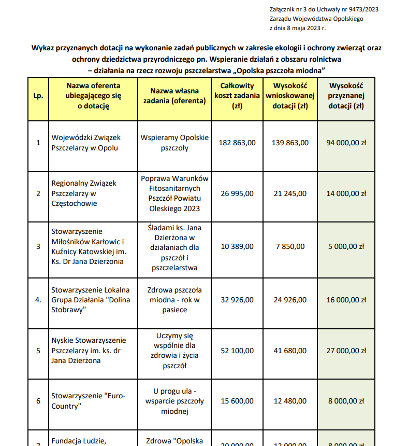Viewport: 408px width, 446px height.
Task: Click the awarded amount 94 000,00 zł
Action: click(x=346, y=143)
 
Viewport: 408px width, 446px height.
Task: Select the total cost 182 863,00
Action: click(x=237, y=143)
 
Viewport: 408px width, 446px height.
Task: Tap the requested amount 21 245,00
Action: click(x=290, y=193)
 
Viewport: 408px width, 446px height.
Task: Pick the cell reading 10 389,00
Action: click(x=237, y=246)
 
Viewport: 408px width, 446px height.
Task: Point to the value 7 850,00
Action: click(x=290, y=246)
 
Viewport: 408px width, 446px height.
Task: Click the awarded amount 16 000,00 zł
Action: click(x=346, y=300)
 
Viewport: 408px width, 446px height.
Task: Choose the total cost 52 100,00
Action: click(x=237, y=351)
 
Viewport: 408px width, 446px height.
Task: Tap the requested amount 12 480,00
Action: click(x=290, y=401)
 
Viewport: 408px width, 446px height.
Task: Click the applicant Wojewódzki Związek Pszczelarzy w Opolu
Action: click(x=86, y=143)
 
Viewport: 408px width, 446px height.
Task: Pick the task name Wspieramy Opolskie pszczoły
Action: click(x=174, y=143)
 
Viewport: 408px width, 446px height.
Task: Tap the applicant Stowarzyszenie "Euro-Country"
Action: click(x=89, y=401)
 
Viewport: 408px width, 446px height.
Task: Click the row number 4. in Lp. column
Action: click(x=38, y=300)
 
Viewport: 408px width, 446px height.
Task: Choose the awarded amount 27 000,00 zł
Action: click(x=346, y=351)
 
